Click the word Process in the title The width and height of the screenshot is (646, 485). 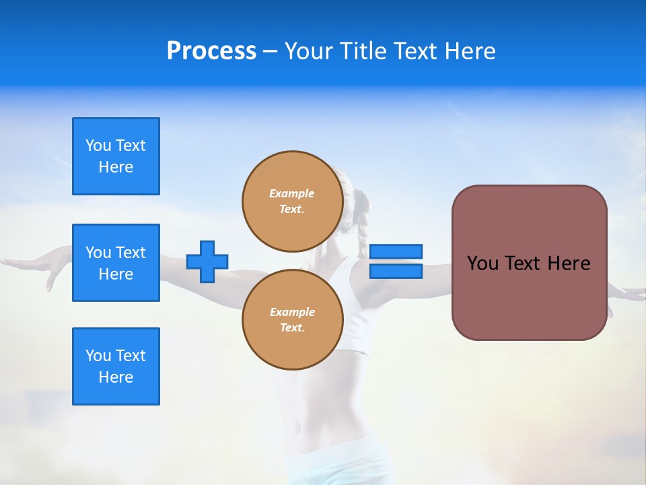[211, 51]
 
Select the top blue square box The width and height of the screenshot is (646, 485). [116, 156]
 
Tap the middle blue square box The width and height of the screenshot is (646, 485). [116, 263]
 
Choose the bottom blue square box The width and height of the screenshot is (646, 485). [116, 366]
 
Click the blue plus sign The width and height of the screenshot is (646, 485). [207, 262]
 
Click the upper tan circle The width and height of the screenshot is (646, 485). [292, 201]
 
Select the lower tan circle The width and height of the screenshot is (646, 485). [292, 320]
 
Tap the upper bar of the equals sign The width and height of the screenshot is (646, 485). [396, 251]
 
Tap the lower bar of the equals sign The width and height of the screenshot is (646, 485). [396, 271]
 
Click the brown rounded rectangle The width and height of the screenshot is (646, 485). [529, 296]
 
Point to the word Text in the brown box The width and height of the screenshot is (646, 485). [523, 263]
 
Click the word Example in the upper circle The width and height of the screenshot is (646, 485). [292, 193]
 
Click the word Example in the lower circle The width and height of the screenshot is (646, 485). [292, 312]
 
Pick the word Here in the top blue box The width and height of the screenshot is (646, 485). [116, 167]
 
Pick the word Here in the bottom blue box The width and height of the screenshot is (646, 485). [116, 377]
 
